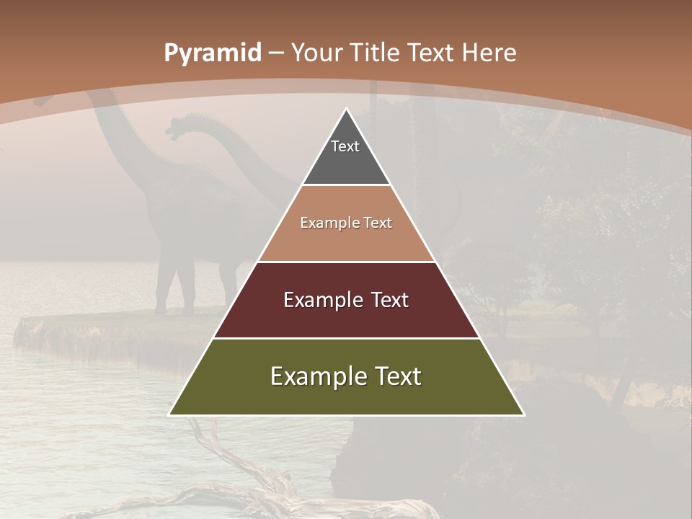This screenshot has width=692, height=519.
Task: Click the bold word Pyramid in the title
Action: coord(212,53)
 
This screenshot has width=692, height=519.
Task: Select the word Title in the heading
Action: coord(376,53)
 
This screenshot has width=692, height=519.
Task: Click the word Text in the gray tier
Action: coord(345,146)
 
